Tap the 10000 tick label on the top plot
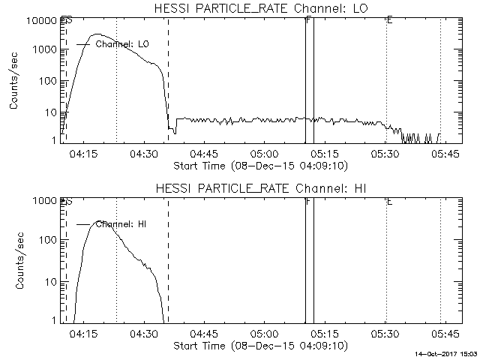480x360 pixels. click(43, 20)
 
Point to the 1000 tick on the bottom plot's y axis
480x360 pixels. click(46, 201)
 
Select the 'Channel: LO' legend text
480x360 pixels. click(123, 44)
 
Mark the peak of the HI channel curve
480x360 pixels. click(100, 222)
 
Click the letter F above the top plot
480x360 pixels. click(308, 19)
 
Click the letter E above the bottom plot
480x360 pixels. click(388, 201)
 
